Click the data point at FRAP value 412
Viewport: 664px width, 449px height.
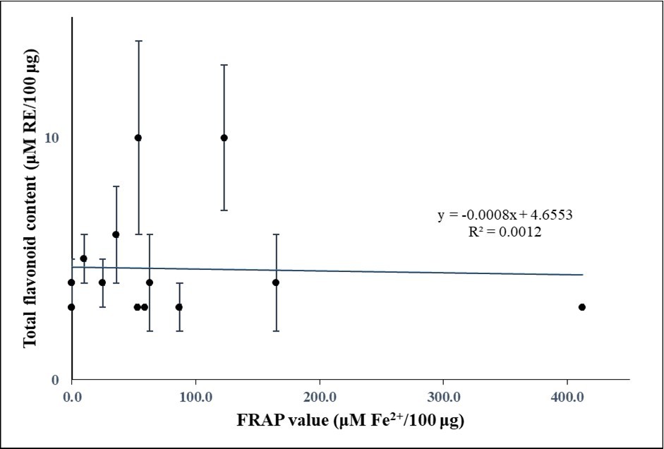582,307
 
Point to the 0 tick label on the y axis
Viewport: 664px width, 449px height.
54,381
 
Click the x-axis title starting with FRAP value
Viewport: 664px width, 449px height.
349,421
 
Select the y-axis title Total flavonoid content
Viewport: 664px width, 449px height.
30,201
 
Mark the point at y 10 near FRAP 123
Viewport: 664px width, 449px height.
224,138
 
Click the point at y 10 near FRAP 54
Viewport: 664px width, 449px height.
138,138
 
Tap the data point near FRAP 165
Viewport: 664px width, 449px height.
276,282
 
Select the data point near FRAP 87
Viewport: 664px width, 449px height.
179,307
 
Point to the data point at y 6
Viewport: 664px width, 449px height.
116,234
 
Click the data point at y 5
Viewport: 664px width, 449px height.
83,258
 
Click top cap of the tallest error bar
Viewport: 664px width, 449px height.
138,41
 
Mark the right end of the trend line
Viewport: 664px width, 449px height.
583,275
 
